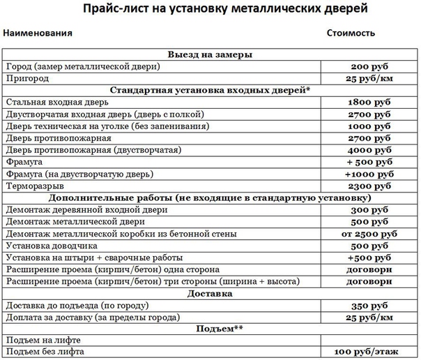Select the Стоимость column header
pyautogui.click(x=351, y=33)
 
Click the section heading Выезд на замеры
pyautogui.click(x=210, y=54)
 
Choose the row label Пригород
pyautogui.click(x=26, y=78)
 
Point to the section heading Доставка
pyautogui.click(x=210, y=294)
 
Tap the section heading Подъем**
pyautogui.click(x=210, y=328)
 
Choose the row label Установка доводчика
pyautogui.click(x=47, y=246)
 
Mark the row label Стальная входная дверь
pyautogui.click(x=57, y=102)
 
